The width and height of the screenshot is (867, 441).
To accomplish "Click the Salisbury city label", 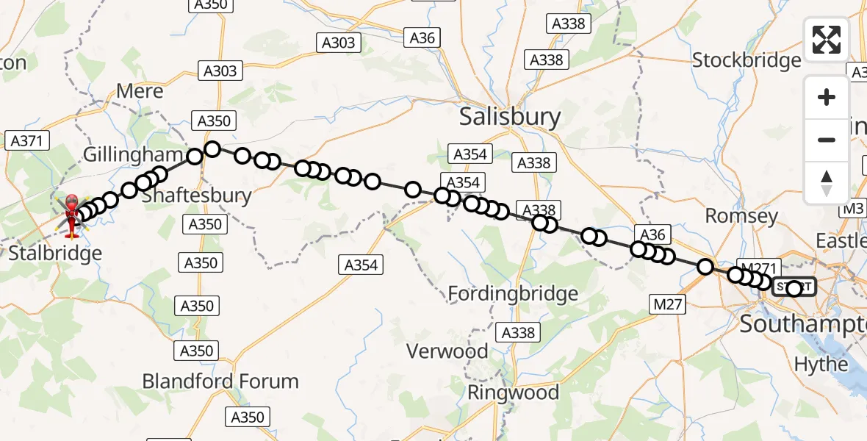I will [509, 117].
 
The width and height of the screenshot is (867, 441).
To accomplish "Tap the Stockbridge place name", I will [747, 60].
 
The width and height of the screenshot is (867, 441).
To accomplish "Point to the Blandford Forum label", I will [220, 381].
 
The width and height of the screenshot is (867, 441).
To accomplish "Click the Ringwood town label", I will [514, 392].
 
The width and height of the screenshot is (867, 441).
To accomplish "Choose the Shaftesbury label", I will [195, 196].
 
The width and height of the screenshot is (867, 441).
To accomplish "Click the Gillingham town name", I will [132, 155].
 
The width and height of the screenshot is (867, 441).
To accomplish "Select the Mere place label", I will [140, 92].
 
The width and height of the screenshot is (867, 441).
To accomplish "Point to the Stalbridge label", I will [55, 254].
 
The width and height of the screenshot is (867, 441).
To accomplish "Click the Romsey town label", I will [741, 216].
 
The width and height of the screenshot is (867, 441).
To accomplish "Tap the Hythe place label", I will [821, 365].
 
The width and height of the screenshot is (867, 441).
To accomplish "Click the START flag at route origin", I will [794, 287].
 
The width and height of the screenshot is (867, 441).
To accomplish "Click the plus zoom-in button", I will [827, 97].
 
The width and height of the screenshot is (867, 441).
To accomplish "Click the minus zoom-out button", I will [827, 140].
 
